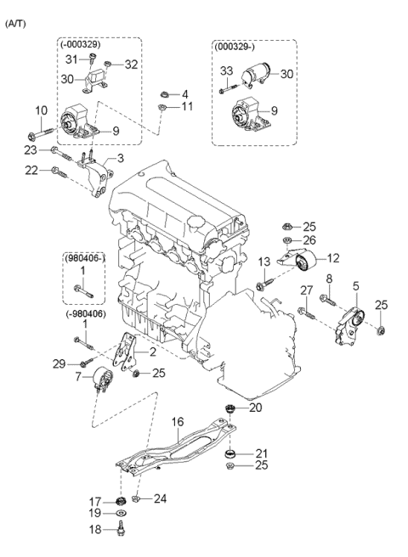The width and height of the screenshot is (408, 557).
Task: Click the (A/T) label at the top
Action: pyautogui.click(x=15, y=24)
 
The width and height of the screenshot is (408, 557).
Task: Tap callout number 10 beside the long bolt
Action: pyautogui.click(x=42, y=110)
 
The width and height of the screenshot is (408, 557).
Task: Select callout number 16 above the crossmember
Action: pyautogui.click(x=178, y=422)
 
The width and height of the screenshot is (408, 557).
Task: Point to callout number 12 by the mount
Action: pyautogui.click(x=333, y=258)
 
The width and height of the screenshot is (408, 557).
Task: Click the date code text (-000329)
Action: pyautogui.click(x=81, y=44)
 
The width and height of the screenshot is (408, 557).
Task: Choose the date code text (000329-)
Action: pyautogui.click(x=235, y=46)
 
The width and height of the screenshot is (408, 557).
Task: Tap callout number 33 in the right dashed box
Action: pyautogui.click(x=226, y=70)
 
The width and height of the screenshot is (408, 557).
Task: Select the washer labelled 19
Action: pyautogui.click(x=122, y=513)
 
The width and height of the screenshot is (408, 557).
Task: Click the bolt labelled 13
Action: pyautogui.click(x=265, y=283)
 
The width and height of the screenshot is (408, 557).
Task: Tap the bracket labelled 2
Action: pyautogui.click(x=125, y=352)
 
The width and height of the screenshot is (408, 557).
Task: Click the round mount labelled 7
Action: pyautogui.click(x=103, y=380)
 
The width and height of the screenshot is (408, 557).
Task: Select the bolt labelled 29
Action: pyautogui.click(x=87, y=362)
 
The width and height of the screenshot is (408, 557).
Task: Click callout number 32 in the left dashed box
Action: pyautogui.click(x=131, y=65)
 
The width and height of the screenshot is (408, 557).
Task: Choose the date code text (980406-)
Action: pyautogui.click(x=85, y=259)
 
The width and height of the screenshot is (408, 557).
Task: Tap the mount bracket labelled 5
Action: pyautogui.click(x=351, y=325)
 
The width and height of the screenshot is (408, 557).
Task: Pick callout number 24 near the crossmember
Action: pyautogui.click(x=160, y=498)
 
